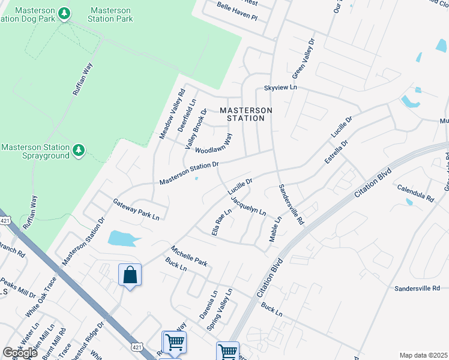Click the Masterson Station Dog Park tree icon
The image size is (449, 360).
pyautogui.click(x=65, y=12)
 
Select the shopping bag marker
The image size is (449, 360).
pyautogui.click(x=130, y=276)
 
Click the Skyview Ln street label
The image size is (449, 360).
pyautogui.click(x=281, y=88)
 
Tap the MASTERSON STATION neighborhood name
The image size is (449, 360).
pyautogui.click(x=246, y=114)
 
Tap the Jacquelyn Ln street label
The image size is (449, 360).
pyautogui.click(x=248, y=203)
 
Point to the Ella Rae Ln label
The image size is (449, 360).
pyautogui.click(x=221, y=222)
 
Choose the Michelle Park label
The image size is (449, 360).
pyautogui.click(x=188, y=256)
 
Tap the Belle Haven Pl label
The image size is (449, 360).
pyautogui.click(x=237, y=17)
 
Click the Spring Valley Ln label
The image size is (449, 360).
pyautogui.click(x=218, y=309)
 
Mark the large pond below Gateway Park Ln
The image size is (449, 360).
pyautogui.click(x=124, y=239)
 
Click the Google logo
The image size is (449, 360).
pyautogui.click(x=20, y=353)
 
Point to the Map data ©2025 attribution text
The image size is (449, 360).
pyautogui.click(x=423, y=355)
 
